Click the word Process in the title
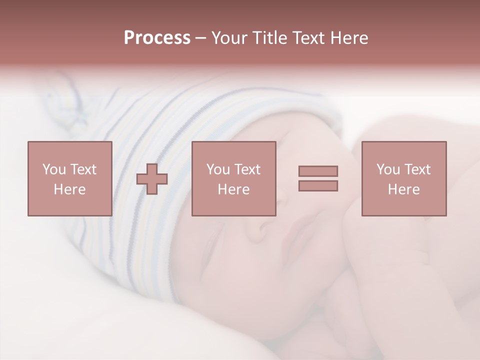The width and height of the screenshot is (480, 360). tap(157, 38)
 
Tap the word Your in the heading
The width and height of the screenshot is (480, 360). tap(230, 38)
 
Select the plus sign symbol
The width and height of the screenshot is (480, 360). tap(152, 179)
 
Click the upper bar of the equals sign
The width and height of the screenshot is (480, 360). tap(318, 171)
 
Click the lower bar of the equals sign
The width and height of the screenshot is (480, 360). tap(318, 186)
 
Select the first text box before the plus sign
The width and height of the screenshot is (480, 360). tap(69, 178)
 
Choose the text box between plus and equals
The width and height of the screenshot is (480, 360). tap(233, 178)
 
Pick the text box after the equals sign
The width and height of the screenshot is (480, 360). tap(403, 178)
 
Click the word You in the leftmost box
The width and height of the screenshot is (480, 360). tap(54, 169)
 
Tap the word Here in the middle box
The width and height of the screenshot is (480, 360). tap(233, 189)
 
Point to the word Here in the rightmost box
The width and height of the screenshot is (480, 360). tap(403, 189)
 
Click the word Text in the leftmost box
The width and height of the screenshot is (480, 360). tap(83, 169)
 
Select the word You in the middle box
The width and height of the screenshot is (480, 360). tap(218, 169)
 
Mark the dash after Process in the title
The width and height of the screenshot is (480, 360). tap(201, 38)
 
